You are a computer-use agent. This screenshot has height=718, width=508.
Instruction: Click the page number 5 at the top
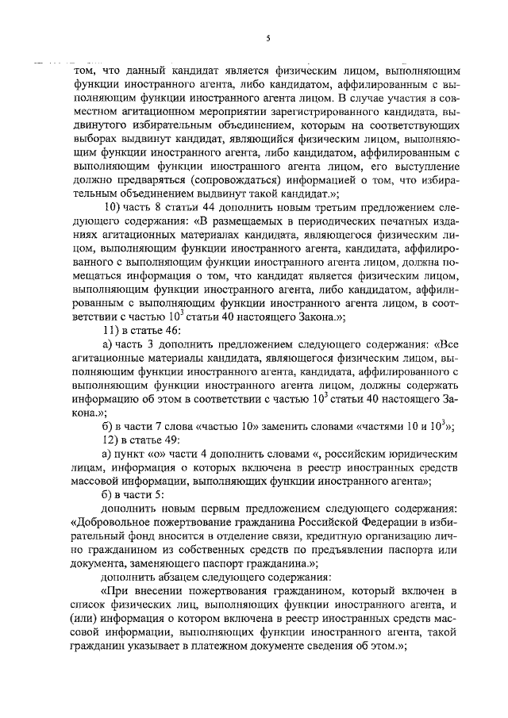pyautogui.click(x=268, y=38)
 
